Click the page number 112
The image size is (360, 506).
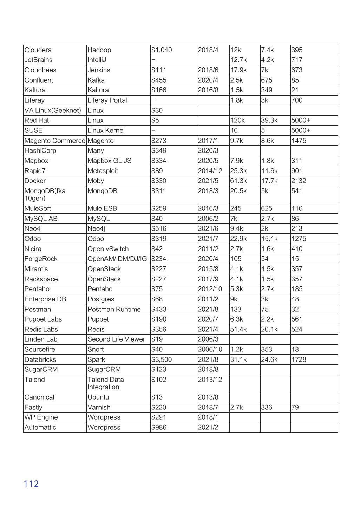[31, 484]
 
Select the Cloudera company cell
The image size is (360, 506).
[38, 50]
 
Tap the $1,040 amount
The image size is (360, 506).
[162, 50]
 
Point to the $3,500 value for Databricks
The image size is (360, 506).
[162, 359]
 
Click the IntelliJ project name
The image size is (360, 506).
[97, 60]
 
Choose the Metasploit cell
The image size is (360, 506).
[103, 171]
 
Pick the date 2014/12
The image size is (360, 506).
[210, 171]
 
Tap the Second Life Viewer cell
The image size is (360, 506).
[116, 339]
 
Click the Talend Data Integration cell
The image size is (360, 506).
[106, 383]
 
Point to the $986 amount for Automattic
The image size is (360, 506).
[159, 427]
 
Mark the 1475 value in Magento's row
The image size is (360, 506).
[299, 141]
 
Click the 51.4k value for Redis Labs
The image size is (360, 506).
[238, 329]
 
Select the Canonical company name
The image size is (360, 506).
[39, 397]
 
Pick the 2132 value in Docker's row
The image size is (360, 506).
[299, 181]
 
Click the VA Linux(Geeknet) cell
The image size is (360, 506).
[53, 110]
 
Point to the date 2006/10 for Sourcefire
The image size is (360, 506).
[210, 349]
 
